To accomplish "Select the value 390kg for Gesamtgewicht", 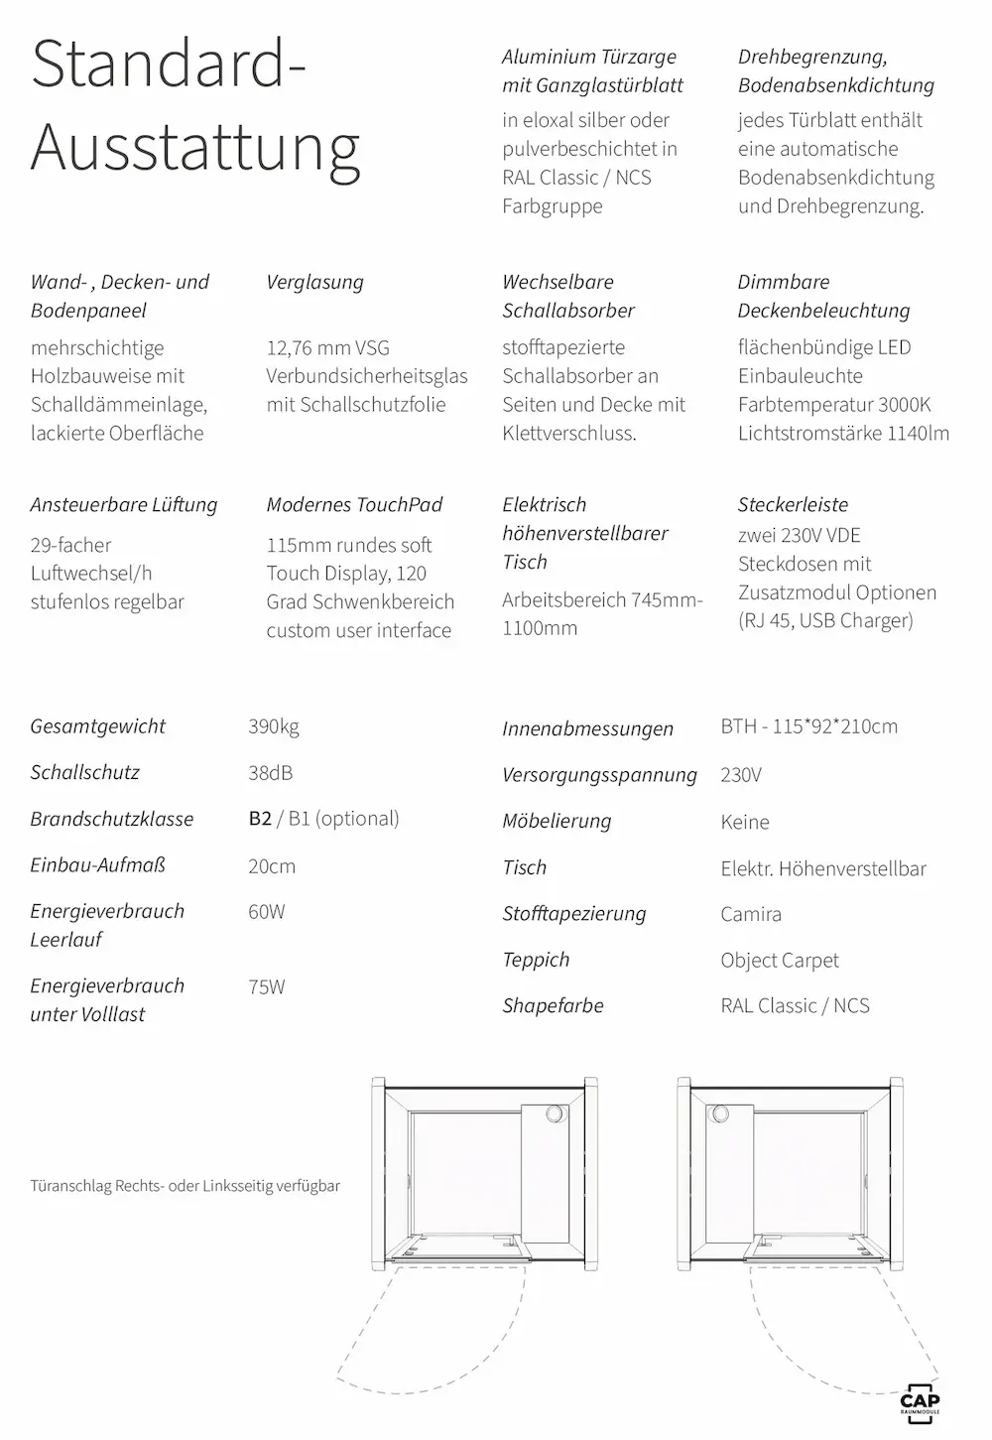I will click(x=274, y=726).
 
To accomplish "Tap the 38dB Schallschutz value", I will click(x=270, y=773).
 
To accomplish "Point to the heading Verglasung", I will click(x=314, y=282).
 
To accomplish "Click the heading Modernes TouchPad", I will click(x=354, y=504).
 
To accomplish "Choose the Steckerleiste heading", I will click(x=793, y=504).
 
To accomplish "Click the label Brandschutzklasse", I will click(x=111, y=819).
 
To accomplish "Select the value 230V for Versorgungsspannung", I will click(x=741, y=775).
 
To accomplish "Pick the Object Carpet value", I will click(x=780, y=961).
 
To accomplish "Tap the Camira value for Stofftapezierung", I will click(x=751, y=914).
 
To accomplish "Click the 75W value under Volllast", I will click(x=267, y=986).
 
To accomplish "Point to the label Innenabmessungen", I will click(x=587, y=728).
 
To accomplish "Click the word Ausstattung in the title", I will click(x=195, y=147).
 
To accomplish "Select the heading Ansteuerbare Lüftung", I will click(x=123, y=504).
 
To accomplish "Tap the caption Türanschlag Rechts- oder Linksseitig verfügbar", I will click(x=185, y=1185).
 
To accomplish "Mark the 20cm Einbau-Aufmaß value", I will click(x=272, y=866).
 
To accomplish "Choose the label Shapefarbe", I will click(x=553, y=1005).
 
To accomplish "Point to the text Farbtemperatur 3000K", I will click(x=834, y=405).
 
